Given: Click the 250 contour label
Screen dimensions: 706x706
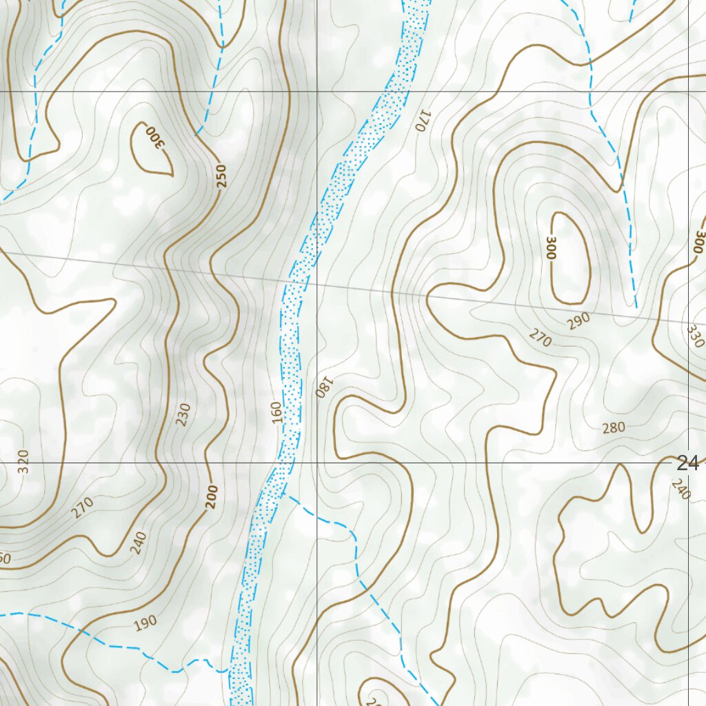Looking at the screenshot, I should pos(221,176).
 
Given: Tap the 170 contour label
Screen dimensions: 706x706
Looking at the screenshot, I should pos(422,120).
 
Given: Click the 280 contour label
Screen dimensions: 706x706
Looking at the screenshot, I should pos(614,428).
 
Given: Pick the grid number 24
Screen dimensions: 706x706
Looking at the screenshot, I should pos(687,463).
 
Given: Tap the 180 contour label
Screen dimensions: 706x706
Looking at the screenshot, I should pos(325,387).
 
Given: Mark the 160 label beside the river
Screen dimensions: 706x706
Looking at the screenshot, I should pos(277,412).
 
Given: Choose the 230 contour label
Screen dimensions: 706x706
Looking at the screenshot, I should pos(183,414).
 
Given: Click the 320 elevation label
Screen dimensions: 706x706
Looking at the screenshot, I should pos(24,461).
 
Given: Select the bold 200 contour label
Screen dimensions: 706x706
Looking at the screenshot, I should pos(211,497).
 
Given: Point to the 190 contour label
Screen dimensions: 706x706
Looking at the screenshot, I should pos(145,623).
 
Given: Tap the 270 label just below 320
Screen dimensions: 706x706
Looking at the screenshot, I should pos(82,508).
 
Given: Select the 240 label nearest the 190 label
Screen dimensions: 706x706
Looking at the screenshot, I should pos(138,543).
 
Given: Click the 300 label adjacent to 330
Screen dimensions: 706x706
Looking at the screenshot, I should pos(699,243).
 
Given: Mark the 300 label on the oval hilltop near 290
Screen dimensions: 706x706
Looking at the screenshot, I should pos(550,247).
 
